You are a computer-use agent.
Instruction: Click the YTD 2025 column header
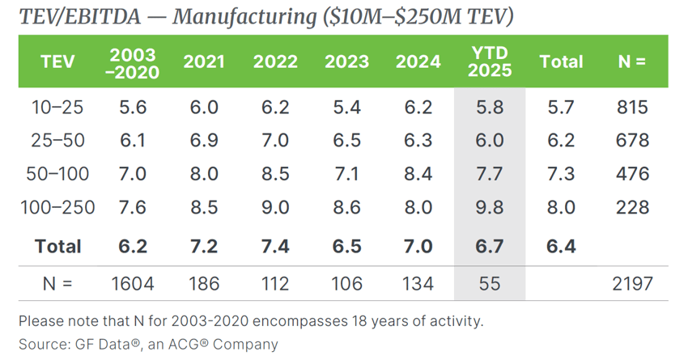490,61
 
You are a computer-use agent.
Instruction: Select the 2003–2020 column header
134,61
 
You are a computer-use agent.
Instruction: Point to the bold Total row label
58,246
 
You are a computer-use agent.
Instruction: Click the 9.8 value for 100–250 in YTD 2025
490,207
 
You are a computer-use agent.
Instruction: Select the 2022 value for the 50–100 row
275,174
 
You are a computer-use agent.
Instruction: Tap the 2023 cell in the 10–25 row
346,108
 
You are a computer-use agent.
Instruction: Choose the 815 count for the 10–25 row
632,108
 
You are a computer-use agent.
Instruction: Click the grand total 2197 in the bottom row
632,283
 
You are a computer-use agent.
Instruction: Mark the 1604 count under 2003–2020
134,283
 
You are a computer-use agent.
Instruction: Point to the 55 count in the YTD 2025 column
490,283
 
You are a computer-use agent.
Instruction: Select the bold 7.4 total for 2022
275,246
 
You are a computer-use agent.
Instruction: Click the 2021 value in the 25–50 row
204,141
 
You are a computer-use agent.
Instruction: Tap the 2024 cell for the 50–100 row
418,174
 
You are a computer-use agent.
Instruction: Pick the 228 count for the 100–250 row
632,207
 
